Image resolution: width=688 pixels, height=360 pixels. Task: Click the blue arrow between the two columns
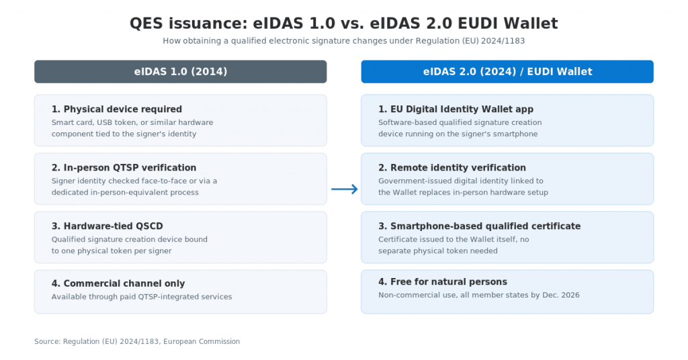[345, 189]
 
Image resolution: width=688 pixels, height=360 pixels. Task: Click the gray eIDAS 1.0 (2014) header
[180, 71]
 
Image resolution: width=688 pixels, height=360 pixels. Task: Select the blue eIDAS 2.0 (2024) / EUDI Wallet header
[507, 71]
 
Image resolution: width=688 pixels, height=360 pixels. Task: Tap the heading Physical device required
[117, 109]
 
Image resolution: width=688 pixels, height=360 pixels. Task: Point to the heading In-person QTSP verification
[124, 167]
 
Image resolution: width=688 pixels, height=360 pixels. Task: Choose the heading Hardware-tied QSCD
[107, 226]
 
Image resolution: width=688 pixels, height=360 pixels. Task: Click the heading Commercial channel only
[118, 283]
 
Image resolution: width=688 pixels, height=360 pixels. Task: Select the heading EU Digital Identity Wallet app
[456, 109]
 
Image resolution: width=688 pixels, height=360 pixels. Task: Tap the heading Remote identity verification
[452, 167]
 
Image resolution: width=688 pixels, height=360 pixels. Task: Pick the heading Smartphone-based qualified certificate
[480, 226]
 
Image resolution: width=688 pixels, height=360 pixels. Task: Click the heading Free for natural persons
[443, 282]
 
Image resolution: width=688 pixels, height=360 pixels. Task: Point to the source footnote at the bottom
[137, 342]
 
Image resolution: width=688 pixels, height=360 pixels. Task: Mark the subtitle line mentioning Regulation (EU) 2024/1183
[344, 41]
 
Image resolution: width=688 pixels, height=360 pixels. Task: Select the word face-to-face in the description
[164, 181]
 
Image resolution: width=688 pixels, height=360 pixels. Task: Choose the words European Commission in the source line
[202, 342]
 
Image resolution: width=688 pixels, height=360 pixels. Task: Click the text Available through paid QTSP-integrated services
[142, 297]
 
